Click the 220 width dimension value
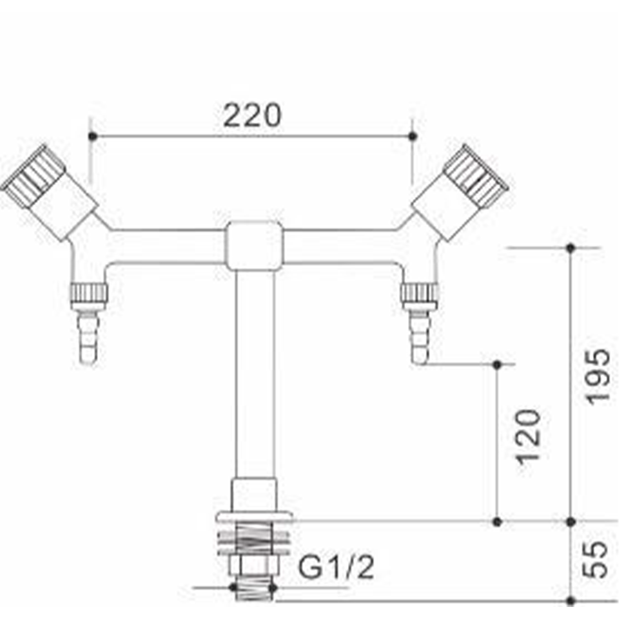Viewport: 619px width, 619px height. [x=252, y=115]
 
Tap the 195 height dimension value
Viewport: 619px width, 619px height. [x=598, y=376]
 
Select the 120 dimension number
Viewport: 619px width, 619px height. [x=528, y=437]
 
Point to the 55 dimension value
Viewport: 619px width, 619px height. [x=596, y=559]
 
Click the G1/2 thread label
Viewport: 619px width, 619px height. [x=336, y=567]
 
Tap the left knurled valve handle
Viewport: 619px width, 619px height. [x=33, y=174]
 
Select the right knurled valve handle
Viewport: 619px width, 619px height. [x=476, y=174]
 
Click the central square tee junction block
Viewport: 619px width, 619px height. [x=254, y=245]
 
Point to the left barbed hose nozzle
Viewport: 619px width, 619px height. [x=88, y=336]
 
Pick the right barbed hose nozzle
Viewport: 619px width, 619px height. [x=419, y=336]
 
